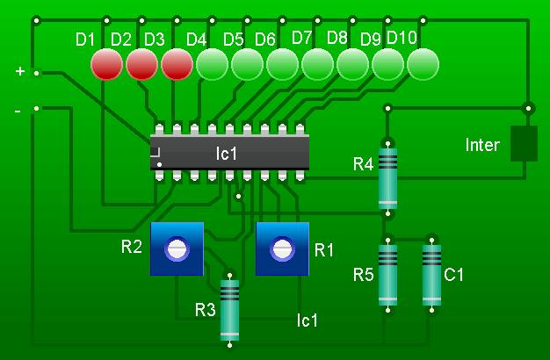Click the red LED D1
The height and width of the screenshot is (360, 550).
106,64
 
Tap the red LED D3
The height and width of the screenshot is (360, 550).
177,64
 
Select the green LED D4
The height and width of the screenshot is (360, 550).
212,64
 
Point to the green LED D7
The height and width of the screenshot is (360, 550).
317,64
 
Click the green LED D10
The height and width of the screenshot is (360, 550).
423,64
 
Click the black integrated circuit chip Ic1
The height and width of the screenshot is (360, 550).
228,153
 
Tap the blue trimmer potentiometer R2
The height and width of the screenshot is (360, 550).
177,248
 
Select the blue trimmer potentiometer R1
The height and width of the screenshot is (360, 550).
282,248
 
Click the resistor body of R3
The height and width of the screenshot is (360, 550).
229,309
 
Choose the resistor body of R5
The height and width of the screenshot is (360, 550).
387,273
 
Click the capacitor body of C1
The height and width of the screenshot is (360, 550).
431,273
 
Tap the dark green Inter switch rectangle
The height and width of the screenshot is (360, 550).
524,143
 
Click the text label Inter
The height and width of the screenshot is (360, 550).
482,145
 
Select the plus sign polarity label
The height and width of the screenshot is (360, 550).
19,71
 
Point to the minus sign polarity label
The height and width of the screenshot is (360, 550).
18,112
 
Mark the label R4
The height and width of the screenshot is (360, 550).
363,164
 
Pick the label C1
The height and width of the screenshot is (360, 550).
453,275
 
